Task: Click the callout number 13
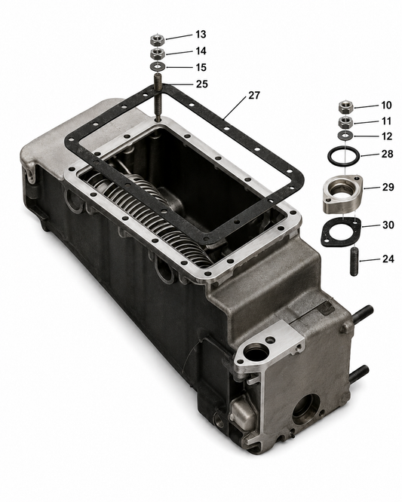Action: point(201,34)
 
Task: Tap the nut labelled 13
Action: point(158,40)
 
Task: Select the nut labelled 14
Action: point(158,54)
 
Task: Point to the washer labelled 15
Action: point(158,66)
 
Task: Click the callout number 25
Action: point(202,84)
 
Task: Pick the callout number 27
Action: point(254,96)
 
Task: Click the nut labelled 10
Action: point(346,106)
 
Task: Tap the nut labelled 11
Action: point(346,122)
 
